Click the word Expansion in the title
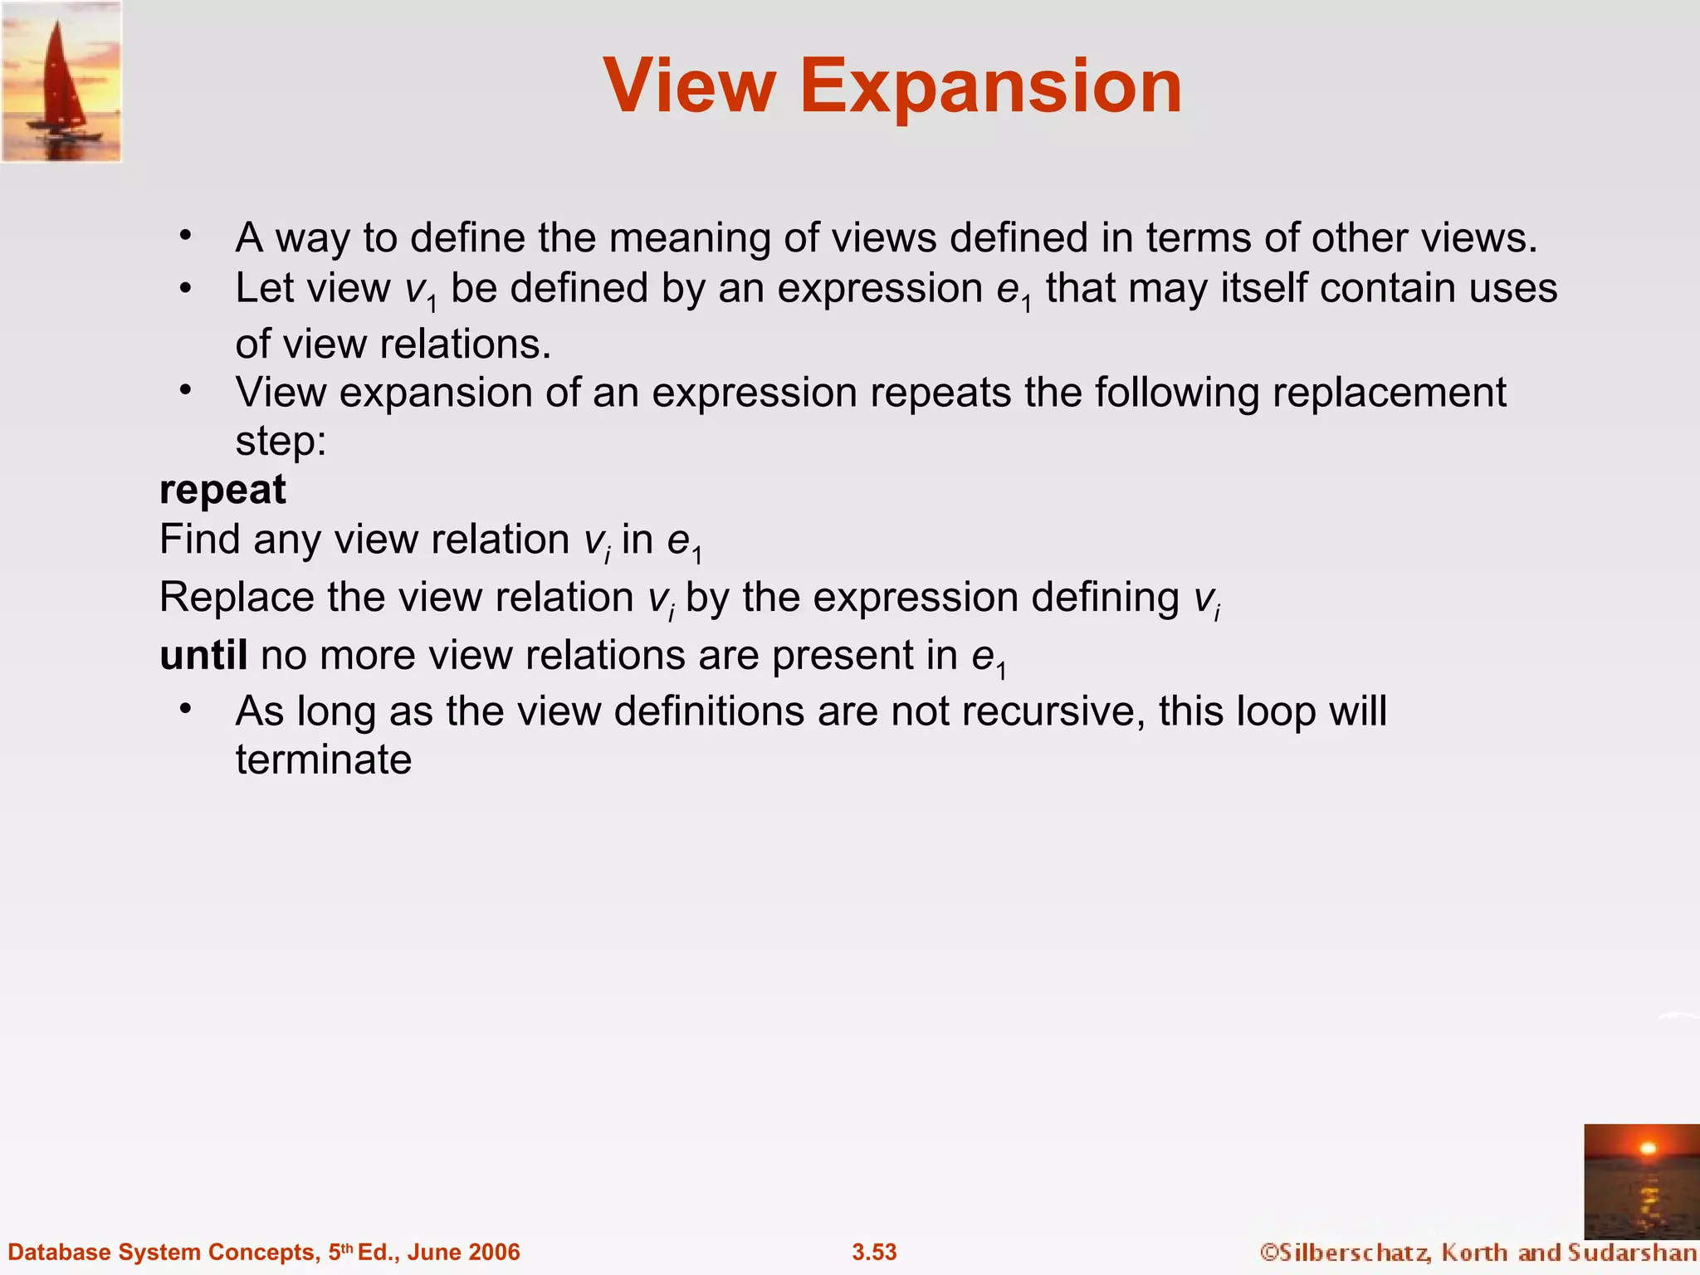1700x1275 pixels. tap(991, 87)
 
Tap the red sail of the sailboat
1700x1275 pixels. tap(58, 79)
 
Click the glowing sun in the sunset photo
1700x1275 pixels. tap(1649, 1149)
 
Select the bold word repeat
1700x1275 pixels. tap(222, 490)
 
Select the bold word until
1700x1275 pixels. tap(203, 655)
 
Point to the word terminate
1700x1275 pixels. tap(324, 760)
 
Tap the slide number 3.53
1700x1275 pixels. tap(874, 1252)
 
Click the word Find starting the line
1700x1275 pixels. tap(199, 540)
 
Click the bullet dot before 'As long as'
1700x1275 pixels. tap(186, 708)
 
